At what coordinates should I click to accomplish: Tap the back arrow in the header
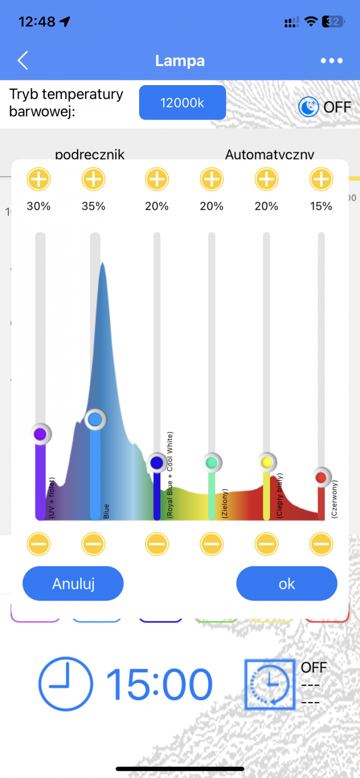(x=23, y=60)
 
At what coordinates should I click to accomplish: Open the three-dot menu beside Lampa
(x=332, y=61)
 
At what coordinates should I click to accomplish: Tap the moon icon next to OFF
(x=308, y=107)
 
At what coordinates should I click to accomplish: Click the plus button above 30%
(x=38, y=179)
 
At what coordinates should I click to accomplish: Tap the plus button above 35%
(x=93, y=179)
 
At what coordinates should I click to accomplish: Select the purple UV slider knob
(x=40, y=434)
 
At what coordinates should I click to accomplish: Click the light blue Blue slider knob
(x=95, y=419)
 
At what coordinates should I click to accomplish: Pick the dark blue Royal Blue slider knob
(x=157, y=462)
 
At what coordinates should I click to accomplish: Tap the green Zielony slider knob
(x=212, y=462)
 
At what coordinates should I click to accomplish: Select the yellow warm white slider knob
(x=267, y=462)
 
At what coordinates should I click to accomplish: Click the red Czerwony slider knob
(x=321, y=477)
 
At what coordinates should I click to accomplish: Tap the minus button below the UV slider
(x=38, y=544)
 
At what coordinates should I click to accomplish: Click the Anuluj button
(x=73, y=583)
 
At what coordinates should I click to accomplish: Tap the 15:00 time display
(x=159, y=685)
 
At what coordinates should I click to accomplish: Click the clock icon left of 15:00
(x=65, y=684)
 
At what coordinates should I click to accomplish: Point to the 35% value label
(x=93, y=206)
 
